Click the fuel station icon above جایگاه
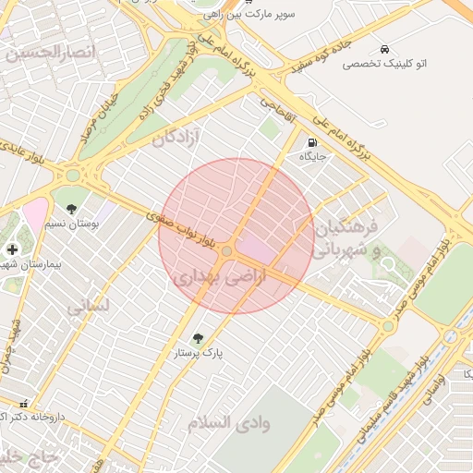point(312,143)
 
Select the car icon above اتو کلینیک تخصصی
point(382,48)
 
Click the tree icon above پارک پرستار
point(198,338)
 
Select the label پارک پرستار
point(198,353)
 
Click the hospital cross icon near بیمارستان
point(12,249)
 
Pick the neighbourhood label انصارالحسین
point(50,53)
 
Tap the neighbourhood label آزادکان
point(177,139)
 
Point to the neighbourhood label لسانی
point(90,304)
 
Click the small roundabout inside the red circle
point(227,250)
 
